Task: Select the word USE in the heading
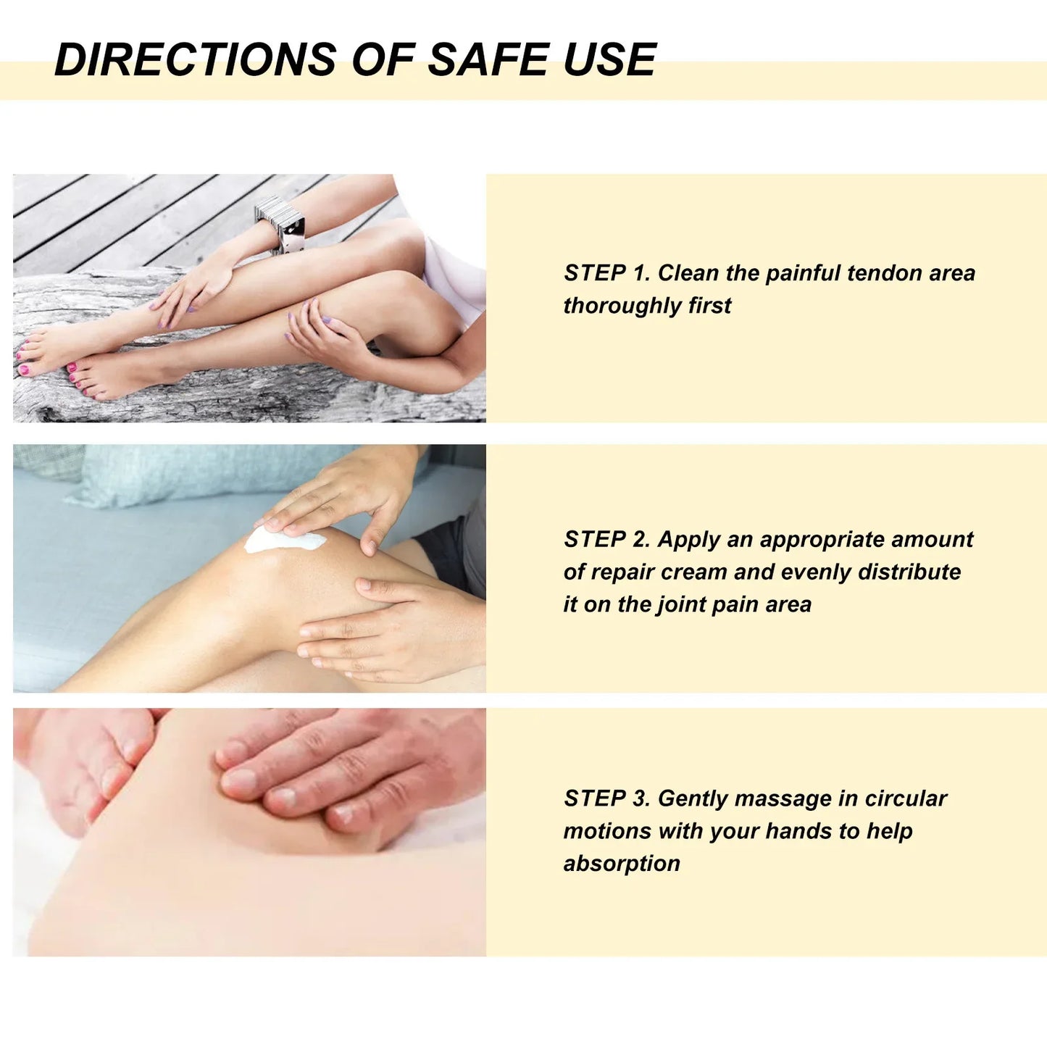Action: point(609,59)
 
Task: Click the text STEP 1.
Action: point(607,272)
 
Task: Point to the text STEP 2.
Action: point(607,539)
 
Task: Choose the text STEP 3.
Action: point(607,798)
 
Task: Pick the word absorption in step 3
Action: point(622,864)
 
